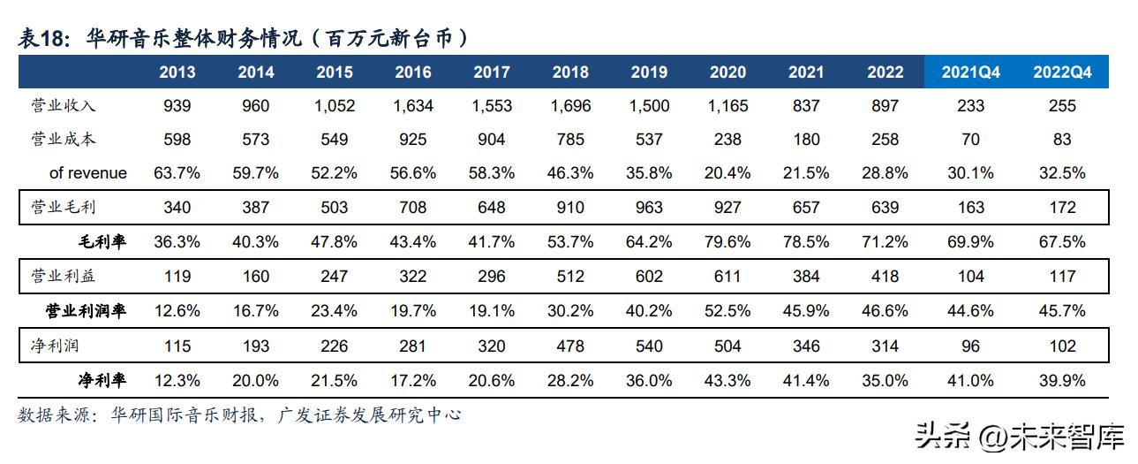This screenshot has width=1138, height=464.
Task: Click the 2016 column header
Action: coord(413,72)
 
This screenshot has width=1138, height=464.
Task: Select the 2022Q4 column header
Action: coord(1062,72)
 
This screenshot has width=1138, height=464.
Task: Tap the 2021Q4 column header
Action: coord(970,72)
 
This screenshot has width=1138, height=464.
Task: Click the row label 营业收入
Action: coord(63,106)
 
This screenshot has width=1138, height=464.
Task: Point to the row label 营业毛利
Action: coord(63,208)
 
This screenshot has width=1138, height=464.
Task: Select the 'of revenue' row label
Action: coord(87,173)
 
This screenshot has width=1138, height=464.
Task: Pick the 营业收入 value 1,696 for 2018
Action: coord(570,106)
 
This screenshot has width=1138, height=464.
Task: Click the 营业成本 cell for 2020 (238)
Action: coord(727,140)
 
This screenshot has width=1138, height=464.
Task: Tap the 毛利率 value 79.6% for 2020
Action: coord(727,242)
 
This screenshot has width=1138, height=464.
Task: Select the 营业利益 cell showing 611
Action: coord(727,277)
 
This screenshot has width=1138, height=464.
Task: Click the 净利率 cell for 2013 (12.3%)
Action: coord(177,380)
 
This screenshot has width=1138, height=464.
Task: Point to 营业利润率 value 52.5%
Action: coord(727,311)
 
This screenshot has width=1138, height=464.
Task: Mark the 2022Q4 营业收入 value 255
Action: coord(1062,106)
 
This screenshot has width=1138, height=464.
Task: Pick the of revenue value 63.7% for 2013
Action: coord(177,173)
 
